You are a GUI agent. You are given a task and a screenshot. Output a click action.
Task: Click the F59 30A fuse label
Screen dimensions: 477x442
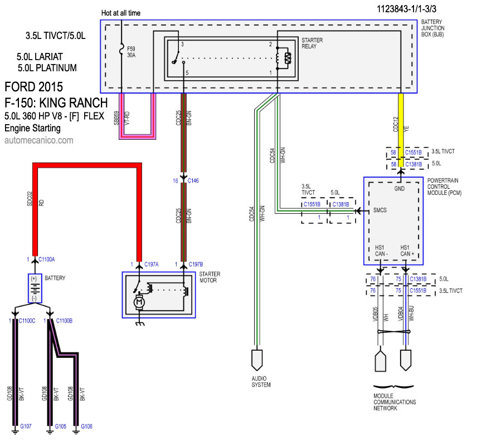coord(131,52)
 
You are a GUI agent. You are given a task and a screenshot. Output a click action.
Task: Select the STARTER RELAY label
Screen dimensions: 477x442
coord(312,43)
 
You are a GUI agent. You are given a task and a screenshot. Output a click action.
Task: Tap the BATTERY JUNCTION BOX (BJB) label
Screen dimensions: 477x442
coord(432,28)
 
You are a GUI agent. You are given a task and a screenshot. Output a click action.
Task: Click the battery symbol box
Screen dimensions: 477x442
coord(35,288)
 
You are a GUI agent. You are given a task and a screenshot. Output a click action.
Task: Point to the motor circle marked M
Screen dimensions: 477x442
coord(139,302)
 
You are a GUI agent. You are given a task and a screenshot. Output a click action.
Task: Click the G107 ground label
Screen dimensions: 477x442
coord(26,426)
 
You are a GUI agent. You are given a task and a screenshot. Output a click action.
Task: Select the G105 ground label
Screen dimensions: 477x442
coord(61,426)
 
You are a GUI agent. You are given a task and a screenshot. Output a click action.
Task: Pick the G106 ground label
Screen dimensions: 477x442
coord(87,426)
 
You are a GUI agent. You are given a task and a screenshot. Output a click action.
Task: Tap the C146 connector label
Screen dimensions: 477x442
coord(193,180)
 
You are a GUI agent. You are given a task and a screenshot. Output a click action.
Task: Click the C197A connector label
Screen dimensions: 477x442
coord(151,264)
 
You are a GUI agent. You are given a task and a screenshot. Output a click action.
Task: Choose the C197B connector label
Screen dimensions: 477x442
coord(196,264)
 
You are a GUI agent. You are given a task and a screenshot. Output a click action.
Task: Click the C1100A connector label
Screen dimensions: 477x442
coord(47,259)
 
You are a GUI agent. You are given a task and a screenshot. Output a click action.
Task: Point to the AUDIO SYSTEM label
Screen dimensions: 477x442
coord(261,381)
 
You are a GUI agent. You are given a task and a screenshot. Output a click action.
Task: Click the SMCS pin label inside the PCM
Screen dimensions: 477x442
coord(380,210)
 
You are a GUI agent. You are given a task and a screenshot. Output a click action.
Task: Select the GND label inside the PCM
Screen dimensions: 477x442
coord(400,189)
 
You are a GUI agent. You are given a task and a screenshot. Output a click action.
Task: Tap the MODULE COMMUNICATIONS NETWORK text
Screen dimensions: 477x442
coord(395,402)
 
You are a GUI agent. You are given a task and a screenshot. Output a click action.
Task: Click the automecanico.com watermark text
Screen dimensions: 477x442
coord(39,140)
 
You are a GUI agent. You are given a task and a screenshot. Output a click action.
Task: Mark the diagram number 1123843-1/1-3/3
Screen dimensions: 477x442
coord(406,9)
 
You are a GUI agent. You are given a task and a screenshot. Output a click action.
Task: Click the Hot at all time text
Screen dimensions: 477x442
coord(121,13)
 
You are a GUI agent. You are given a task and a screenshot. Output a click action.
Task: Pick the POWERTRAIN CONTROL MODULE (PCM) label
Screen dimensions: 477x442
coord(444,186)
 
